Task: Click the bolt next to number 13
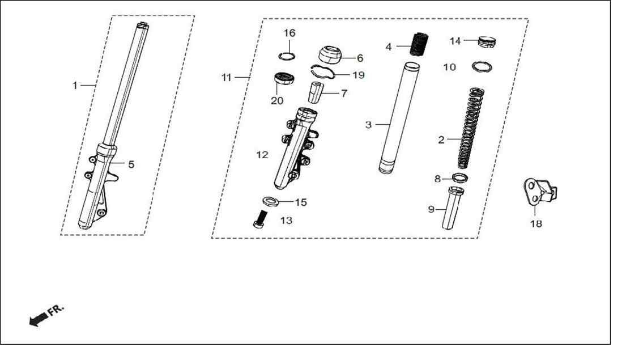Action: click(x=259, y=219)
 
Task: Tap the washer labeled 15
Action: click(x=270, y=201)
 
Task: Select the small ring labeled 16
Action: click(x=287, y=56)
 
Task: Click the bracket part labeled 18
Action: click(x=540, y=191)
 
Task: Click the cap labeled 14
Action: click(x=487, y=42)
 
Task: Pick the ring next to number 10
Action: click(x=482, y=66)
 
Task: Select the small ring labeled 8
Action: click(x=460, y=178)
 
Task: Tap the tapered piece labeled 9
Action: click(x=453, y=207)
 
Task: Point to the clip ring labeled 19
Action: click(x=323, y=71)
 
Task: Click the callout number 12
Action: click(x=262, y=155)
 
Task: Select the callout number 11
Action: click(x=227, y=77)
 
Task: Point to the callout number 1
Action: click(x=75, y=86)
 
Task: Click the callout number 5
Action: click(x=131, y=164)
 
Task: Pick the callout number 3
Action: click(x=368, y=124)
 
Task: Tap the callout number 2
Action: click(x=441, y=139)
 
